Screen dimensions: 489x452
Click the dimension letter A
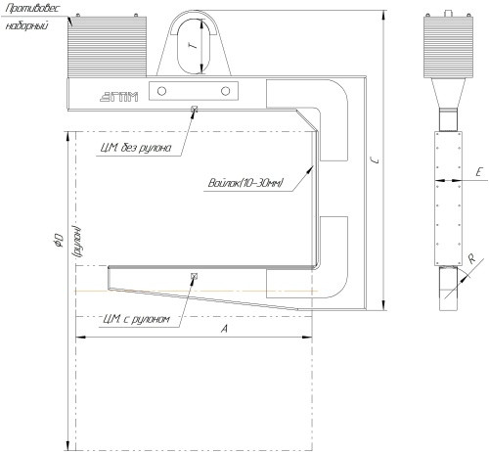(224, 329)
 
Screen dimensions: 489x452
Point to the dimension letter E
(478, 172)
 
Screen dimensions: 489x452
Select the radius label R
(471, 259)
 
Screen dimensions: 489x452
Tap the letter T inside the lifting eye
(195, 46)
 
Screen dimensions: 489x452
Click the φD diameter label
(59, 240)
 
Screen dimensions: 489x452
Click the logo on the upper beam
(118, 97)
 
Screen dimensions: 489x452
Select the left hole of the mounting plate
(161, 91)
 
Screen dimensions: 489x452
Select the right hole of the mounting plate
(225, 91)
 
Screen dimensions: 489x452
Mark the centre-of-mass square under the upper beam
(195, 109)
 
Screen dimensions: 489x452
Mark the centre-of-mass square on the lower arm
(195, 276)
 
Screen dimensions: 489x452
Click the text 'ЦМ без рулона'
(136, 148)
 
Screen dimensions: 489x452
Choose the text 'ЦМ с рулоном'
(136, 319)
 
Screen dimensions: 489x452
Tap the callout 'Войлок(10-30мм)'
(245, 183)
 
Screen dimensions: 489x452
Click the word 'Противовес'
(32, 9)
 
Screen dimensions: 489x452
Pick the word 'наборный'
(26, 25)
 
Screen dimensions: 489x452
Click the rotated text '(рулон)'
(77, 241)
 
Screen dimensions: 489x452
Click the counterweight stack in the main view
(107, 47)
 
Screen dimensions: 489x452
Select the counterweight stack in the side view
(448, 47)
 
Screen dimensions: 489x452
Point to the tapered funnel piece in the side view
(448, 93)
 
